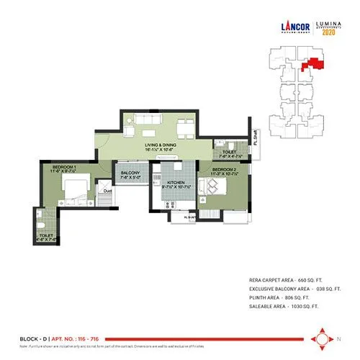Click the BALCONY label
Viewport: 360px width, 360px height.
coord(130,174)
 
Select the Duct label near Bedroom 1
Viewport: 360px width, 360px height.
coord(107,192)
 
